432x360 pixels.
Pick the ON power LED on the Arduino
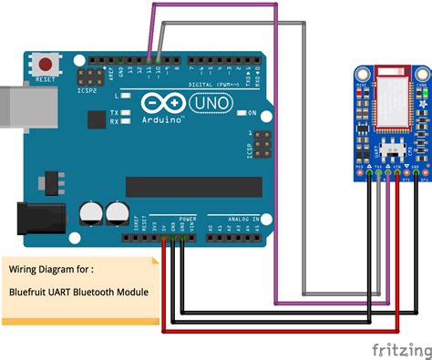point(240,114)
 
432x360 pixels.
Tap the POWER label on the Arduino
point(187,220)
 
